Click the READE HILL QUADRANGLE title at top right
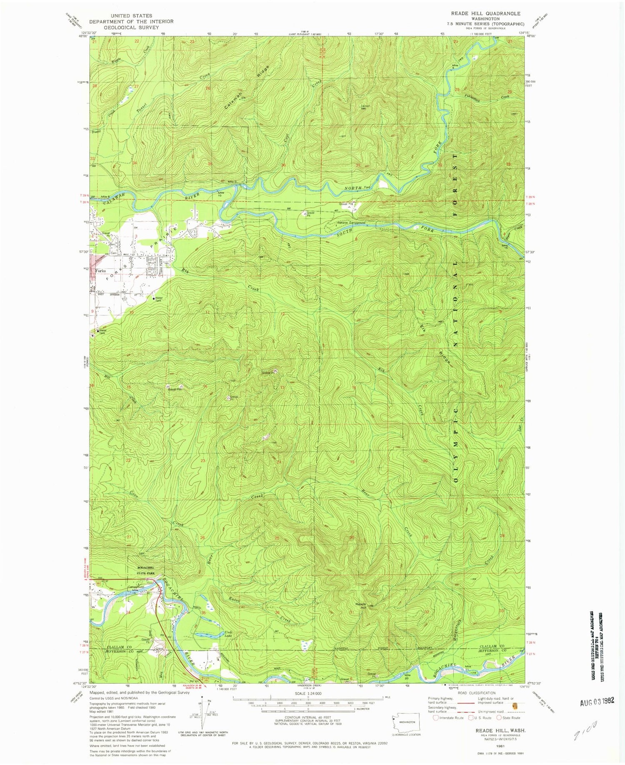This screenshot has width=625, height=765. (x=485, y=13)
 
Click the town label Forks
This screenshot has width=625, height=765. (x=100, y=271)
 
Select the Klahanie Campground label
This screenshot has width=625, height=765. (x=351, y=223)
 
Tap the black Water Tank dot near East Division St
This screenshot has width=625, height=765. (x=154, y=298)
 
